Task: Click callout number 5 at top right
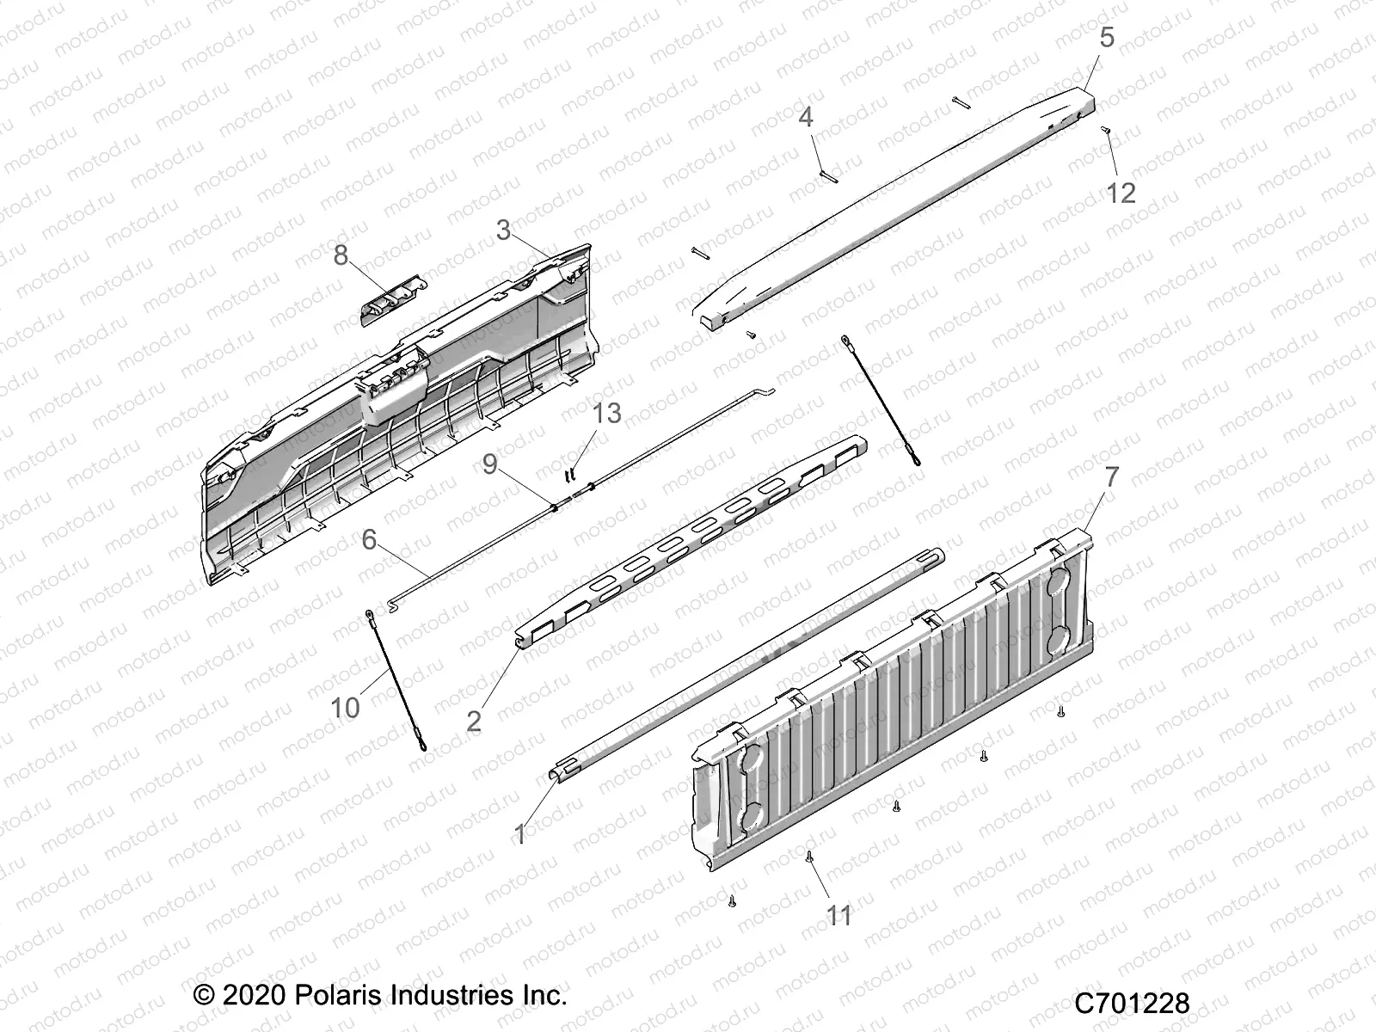click(x=1107, y=37)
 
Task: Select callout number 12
click(x=1121, y=192)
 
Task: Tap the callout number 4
click(x=806, y=116)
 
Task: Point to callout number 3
click(x=504, y=230)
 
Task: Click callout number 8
click(x=341, y=255)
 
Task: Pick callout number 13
click(x=606, y=413)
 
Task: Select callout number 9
click(x=490, y=464)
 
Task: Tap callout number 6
click(x=369, y=539)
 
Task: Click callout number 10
click(x=345, y=708)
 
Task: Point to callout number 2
click(x=474, y=721)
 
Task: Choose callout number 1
click(x=519, y=833)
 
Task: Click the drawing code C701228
click(x=1132, y=1004)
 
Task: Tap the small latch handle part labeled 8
click(x=391, y=297)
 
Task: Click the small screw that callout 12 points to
click(x=1107, y=130)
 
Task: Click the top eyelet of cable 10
click(x=369, y=614)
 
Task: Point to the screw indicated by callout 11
click(x=809, y=856)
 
